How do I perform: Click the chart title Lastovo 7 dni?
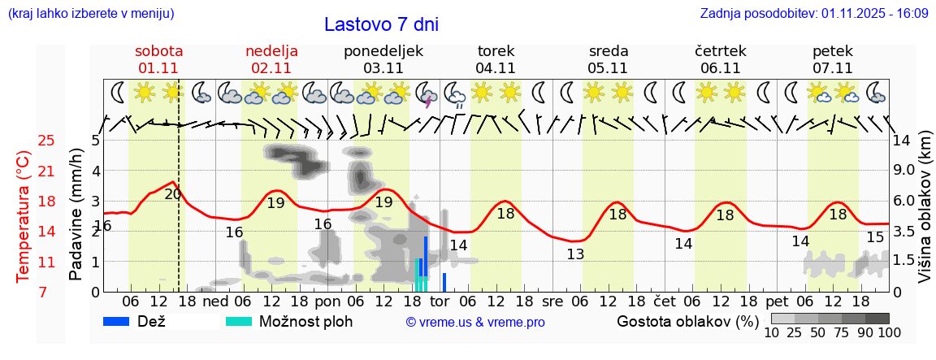pyautogui.click(x=381, y=24)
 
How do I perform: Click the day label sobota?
pyautogui.click(x=158, y=50)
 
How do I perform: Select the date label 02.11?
pyautogui.click(x=271, y=68)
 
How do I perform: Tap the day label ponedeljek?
pyautogui.click(x=383, y=50)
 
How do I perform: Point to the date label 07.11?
pyautogui.click(x=832, y=68)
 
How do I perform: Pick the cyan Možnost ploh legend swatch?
pyautogui.click(x=239, y=321)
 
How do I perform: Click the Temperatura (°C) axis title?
pyautogui.click(x=23, y=215)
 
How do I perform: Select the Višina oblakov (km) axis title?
pyautogui.click(x=925, y=215)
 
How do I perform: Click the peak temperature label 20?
pyautogui.click(x=173, y=194)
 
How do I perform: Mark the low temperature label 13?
pyautogui.click(x=575, y=254)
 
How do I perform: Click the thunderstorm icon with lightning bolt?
pyautogui.click(x=427, y=94)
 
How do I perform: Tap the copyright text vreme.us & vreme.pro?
pyautogui.click(x=475, y=322)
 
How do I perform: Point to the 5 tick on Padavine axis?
pyautogui.click(x=95, y=141)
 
